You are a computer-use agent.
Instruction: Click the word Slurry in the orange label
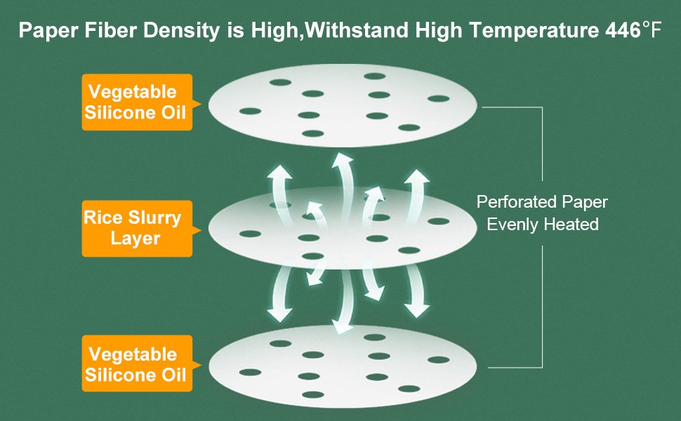pos(154,218)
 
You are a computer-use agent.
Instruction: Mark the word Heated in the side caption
pos(573,225)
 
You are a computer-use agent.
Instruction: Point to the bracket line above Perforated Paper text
pos(542,140)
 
